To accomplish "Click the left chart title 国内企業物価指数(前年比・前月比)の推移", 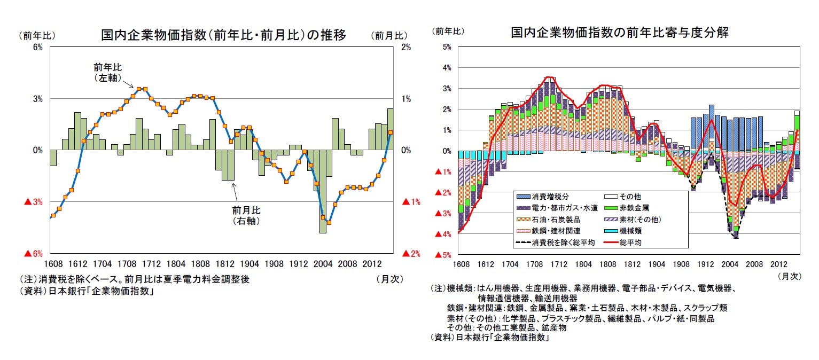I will click(x=223, y=35).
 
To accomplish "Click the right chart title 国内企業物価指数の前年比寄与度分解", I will click(x=620, y=33).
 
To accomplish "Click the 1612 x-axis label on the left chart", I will click(x=77, y=264).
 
